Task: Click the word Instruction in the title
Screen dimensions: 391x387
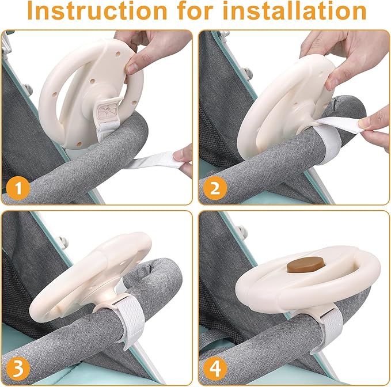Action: pos(97,10)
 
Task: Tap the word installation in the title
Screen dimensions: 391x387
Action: pos(294,10)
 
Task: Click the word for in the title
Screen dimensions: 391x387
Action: pos(195,10)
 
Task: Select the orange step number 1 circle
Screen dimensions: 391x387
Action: pos(18,188)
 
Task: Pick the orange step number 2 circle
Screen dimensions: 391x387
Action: pos(215,188)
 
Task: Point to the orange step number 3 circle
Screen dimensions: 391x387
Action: pos(18,369)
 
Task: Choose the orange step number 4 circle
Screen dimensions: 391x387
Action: pos(215,369)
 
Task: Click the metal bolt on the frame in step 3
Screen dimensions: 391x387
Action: pos(63,241)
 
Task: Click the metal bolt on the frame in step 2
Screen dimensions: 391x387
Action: pos(248,73)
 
